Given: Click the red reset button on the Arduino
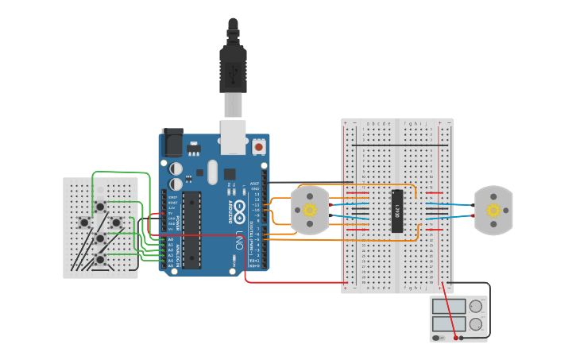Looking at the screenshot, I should click(258, 147).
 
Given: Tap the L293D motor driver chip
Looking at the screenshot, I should click(397, 211).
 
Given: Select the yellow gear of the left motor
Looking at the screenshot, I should click(309, 211).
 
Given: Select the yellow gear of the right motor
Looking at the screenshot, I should click(493, 211).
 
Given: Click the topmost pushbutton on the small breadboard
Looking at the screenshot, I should click(100, 207).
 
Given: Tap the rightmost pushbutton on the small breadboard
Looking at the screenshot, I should click(116, 223).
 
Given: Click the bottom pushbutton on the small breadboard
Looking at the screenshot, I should click(100, 258).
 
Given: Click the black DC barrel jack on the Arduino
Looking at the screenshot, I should click(172, 142).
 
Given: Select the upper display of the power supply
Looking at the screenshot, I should click(449, 307).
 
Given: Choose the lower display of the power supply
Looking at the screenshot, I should click(449, 323).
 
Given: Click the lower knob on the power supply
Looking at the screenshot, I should click(476, 323).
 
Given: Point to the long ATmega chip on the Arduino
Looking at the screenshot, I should click(191, 230).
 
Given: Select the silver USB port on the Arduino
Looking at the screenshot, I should click(234, 138).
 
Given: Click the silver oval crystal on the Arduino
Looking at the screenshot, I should click(212, 171).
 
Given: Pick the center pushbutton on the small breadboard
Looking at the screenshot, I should click(100, 238).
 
